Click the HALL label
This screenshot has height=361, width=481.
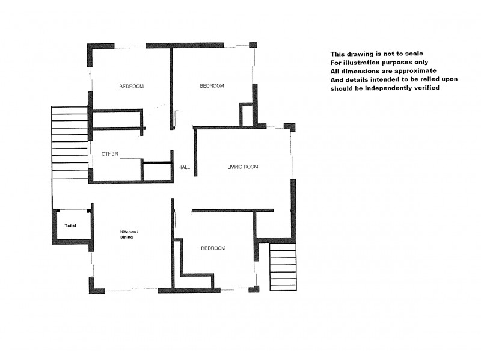pyautogui.click(x=184, y=167)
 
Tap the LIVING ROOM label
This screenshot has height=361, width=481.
pyautogui.click(x=243, y=167)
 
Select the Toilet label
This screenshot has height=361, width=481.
pyautogui.click(x=71, y=225)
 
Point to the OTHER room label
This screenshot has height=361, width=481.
pyautogui.click(x=110, y=154)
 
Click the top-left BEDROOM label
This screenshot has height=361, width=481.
pyautogui.click(x=131, y=87)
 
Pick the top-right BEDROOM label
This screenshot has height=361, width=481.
pyautogui.click(x=212, y=86)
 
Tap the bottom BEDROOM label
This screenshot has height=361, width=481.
pyautogui.click(x=213, y=248)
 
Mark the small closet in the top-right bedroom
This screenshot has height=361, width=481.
pyautogui.click(x=246, y=115)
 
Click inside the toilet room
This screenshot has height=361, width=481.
pyautogui.click(x=71, y=232)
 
